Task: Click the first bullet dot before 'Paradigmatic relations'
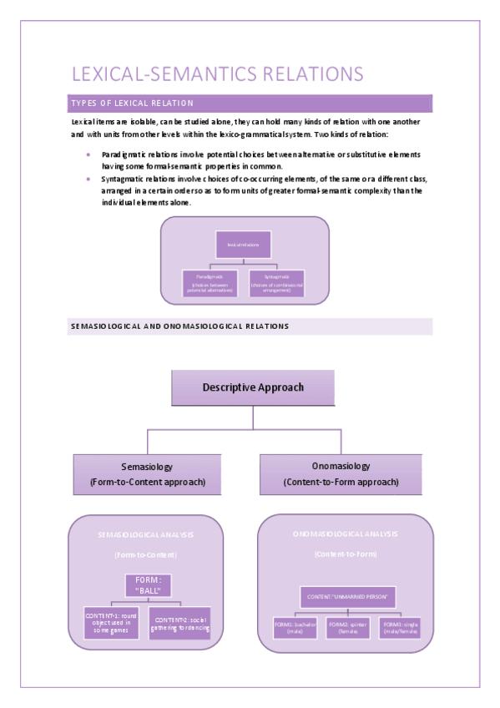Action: click(x=88, y=154)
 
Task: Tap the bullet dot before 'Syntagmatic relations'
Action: click(x=88, y=179)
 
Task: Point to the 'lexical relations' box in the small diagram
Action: click(x=243, y=245)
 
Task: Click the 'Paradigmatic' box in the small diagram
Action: click(x=209, y=282)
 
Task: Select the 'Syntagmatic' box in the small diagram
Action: click(x=277, y=282)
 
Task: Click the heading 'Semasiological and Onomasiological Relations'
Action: click(x=179, y=326)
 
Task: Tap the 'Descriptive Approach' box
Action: click(x=253, y=387)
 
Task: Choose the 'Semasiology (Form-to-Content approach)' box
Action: click(x=147, y=474)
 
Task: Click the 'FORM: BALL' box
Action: click(x=147, y=585)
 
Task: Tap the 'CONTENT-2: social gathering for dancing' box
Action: click(x=179, y=623)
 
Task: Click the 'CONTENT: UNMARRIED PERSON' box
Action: click(x=348, y=597)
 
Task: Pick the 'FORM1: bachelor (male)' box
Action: click(x=295, y=628)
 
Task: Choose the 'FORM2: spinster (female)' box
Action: click(x=348, y=628)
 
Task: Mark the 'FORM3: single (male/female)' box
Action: click(x=402, y=628)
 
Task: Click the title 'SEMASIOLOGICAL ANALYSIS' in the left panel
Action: click(x=147, y=534)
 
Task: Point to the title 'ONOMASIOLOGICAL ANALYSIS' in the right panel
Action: click(x=346, y=534)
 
